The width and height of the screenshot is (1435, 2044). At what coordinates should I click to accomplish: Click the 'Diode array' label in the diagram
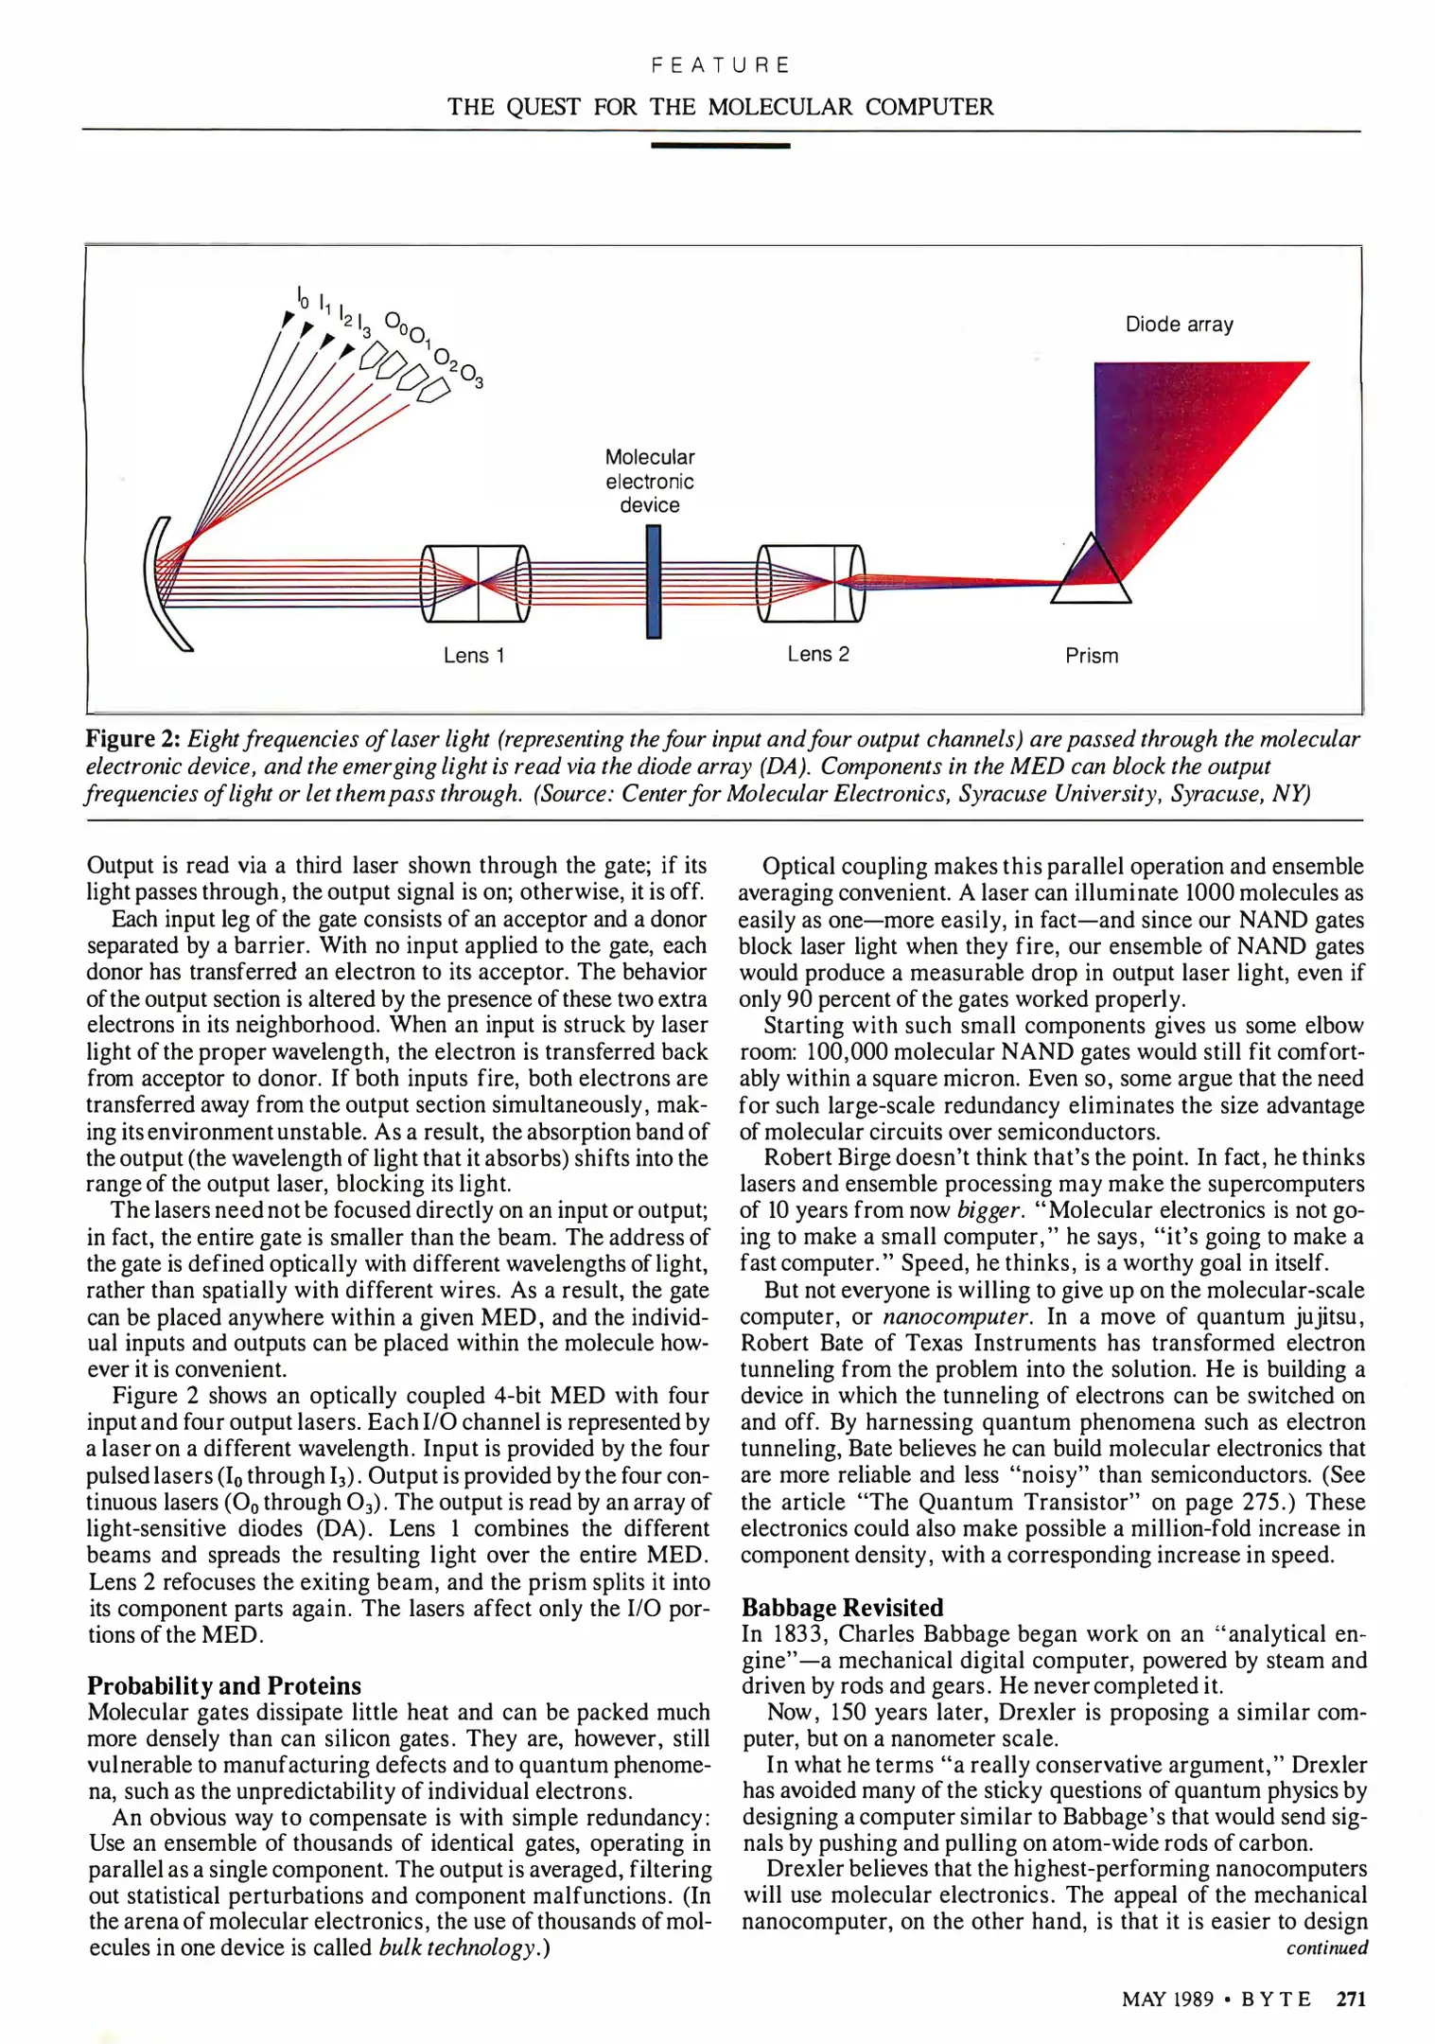click(x=1179, y=325)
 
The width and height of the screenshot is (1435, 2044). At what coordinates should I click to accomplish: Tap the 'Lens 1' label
click(x=474, y=655)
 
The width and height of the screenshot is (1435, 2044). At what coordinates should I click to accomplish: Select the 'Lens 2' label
click(x=818, y=653)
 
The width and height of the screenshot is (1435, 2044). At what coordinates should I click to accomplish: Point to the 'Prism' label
click(x=1092, y=656)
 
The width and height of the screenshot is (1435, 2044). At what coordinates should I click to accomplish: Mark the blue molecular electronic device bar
click(x=653, y=581)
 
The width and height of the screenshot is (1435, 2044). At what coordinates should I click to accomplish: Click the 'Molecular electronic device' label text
click(x=650, y=481)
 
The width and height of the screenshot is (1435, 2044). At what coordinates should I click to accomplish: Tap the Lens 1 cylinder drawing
click(x=476, y=583)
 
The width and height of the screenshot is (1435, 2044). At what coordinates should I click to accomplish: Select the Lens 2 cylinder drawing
click(x=812, y=583)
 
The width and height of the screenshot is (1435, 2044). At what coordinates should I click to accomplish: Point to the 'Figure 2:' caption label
click(x=132, y=739)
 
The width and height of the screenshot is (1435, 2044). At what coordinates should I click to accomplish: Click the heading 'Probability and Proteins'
click(x=224, y=1685)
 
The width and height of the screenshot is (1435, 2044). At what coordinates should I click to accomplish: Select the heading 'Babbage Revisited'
click(x=843, y=1607)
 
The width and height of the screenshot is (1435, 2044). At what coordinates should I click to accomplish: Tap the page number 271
click(x=1351, y=1999)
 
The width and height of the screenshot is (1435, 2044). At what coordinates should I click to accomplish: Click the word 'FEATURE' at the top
click(x=720, y=65)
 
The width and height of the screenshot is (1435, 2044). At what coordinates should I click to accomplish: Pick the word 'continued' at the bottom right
click(x=1326, y=1947)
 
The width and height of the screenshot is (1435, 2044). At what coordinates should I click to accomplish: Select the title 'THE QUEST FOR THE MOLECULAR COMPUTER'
click(x=720, y=107)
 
